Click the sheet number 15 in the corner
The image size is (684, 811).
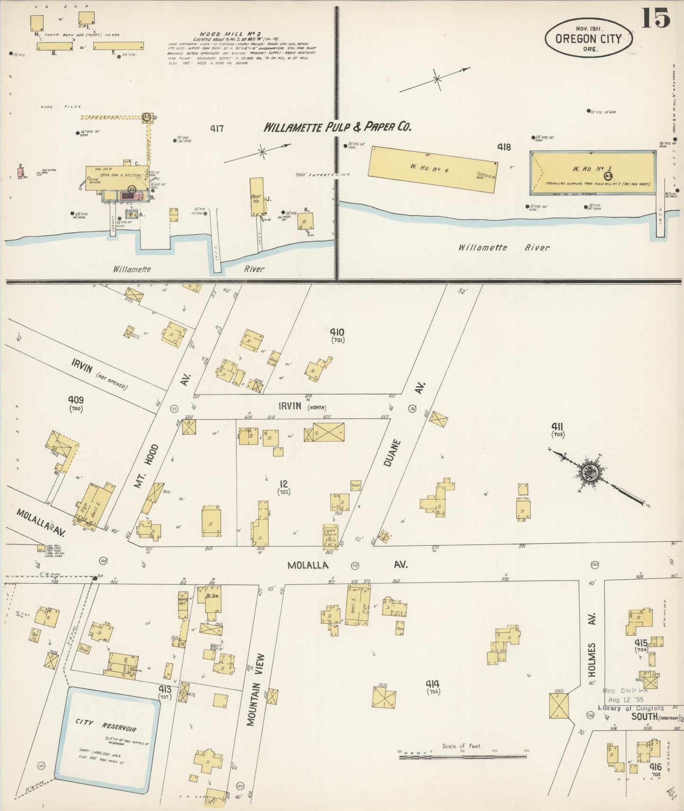pyautogui.click(x=656, y=18)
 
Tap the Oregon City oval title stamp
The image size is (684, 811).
pyautogui.click(x=588, y=38)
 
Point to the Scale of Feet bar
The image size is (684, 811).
pyautogui.click(x=463, y=757)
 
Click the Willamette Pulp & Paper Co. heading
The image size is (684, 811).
pyautogui.click(x=337, y=127)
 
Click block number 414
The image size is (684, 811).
pyautogui.click(x=432, y=684)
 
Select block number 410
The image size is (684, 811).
pyautogui.click(x=337, y=332)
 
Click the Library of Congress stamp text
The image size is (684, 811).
pyautogui.click(x=631, y=708)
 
